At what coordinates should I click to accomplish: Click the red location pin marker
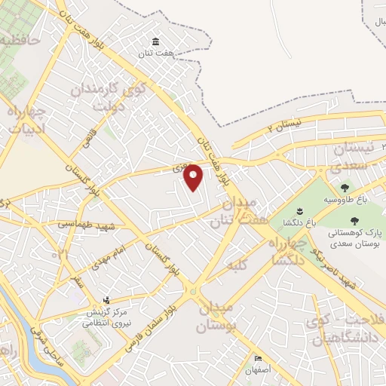[194, 176]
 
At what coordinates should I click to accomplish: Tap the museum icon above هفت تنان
[155, 41]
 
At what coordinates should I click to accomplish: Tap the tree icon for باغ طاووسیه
[345, 188]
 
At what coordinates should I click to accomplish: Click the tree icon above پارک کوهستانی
[354, 221]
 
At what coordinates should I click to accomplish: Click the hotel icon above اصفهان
[259, 358]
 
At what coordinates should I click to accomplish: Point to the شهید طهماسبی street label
[76, 225]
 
